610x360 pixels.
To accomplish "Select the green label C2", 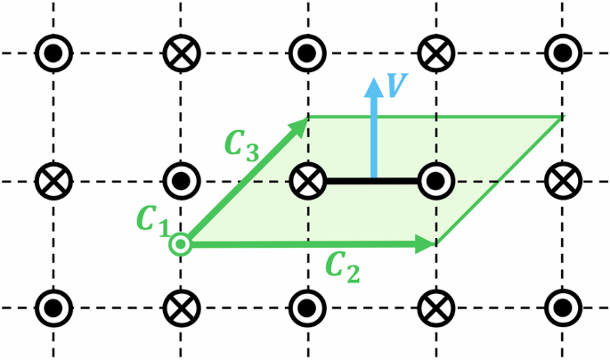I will [341, 266].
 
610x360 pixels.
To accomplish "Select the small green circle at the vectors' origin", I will [181, 243].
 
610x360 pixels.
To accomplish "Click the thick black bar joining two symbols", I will [371, 181].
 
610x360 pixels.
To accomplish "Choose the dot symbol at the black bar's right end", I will [435, 181].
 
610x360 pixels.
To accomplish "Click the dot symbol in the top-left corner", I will [54, 54].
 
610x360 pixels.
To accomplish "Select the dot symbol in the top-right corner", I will [561, 54].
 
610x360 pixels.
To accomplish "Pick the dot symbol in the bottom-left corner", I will [54, 307].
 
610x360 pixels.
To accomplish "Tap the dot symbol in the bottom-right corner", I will [561, 307].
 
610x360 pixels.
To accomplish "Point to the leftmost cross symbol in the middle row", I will [54, 181].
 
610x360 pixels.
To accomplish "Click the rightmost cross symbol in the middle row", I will [561, 181].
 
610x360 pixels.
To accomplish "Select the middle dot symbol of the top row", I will [307, 54].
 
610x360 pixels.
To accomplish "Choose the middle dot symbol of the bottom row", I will [307, 307].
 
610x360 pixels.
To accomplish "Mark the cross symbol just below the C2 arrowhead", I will [435, 307].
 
